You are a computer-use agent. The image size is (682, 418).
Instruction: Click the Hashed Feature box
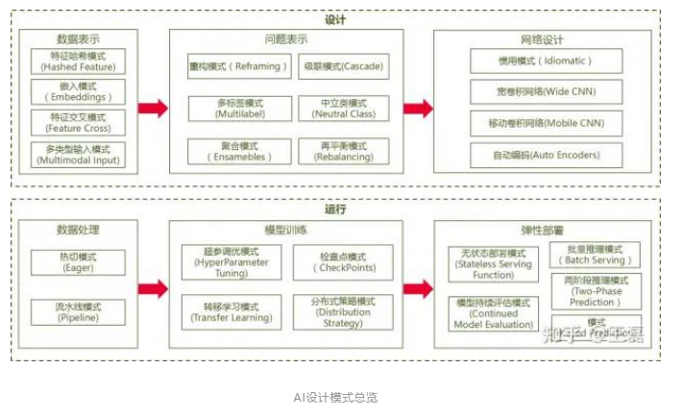(75, 62)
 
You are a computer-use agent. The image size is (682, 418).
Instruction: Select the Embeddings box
(75, 92)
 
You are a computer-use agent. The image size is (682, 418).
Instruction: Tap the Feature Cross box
(75, 122)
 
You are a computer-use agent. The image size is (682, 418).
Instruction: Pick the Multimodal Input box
(75, 154)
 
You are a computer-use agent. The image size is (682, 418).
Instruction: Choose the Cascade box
(344, 66)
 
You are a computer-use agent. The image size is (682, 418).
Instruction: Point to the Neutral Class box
(344, 108)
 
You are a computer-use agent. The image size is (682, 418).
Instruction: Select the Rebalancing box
(344, 151)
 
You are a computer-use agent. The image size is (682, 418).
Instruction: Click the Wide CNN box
(545, 92)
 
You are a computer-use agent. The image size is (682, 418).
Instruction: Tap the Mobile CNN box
(545, 124)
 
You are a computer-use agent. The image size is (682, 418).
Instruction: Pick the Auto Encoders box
(545, 155)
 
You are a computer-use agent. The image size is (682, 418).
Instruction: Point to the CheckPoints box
(342, 261)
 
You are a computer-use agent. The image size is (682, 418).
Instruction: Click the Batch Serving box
(596, 254)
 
